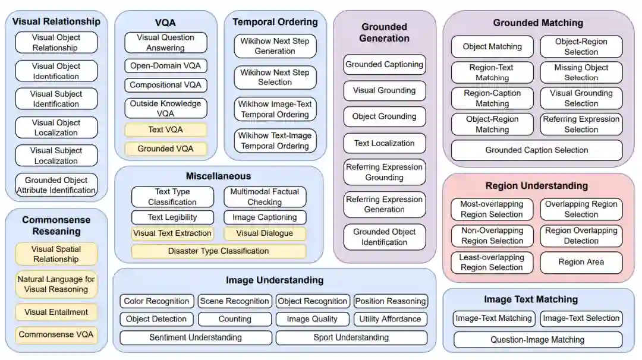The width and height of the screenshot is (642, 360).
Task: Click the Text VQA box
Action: point(165,130)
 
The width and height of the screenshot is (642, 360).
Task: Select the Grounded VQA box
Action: point(165,149)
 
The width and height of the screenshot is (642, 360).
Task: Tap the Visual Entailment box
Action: point(56,312)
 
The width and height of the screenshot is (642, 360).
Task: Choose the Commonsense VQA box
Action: point(56,334)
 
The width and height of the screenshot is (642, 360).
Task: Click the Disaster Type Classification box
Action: point(218,251)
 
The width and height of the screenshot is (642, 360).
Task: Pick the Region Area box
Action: point(581,262)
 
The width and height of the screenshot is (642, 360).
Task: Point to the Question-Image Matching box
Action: point(537,340)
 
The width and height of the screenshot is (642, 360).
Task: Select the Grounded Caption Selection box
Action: point(536,150)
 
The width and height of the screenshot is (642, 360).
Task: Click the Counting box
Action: point(235,319)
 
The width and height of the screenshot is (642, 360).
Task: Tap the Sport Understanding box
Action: point(351,337)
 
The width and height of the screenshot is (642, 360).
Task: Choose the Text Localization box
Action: point(384,143)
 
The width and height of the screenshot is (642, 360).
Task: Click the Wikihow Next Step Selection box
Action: point(275,77)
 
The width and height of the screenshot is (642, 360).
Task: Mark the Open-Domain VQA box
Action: point(165,65)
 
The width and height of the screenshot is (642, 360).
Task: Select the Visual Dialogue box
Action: point(265,233)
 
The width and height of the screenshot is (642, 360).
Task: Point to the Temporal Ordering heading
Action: point(275,22)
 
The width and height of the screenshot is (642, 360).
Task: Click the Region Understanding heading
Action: point(536,186)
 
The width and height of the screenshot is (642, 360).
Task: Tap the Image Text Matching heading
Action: point(531,299)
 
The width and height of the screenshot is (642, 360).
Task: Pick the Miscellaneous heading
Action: point(218,176)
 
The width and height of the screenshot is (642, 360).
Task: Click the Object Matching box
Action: point(492,46)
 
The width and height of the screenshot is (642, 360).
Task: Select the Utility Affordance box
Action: point(390,319)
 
